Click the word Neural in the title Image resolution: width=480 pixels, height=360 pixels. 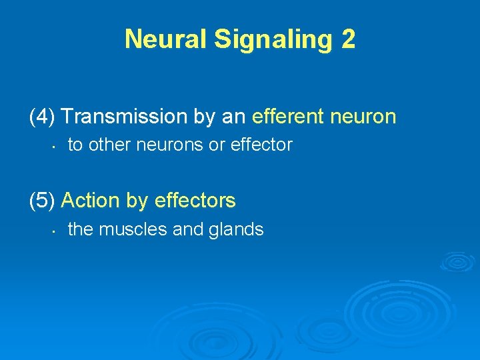[x=166, y=39]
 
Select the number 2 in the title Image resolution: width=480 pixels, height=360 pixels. [x=348, y=39]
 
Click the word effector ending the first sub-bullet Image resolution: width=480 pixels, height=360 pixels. [x=261, y=145]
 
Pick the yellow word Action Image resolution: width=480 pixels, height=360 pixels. [x=93, y=200]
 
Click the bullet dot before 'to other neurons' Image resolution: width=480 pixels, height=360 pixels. [x=51, y=146]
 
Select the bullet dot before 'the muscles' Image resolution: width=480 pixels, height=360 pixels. [x=51, y=231]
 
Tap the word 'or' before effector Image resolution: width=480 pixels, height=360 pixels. [x=217, y=145]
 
